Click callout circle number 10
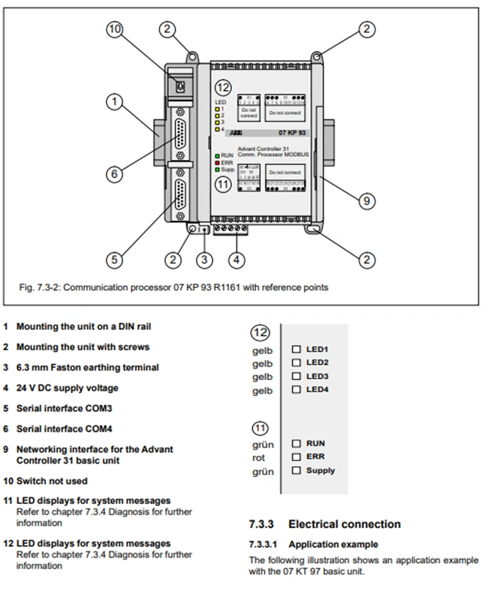[x=114, y=30]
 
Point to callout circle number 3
[x=205, y=260]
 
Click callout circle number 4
[x=237, y=260]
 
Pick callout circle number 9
[x=366, y=201]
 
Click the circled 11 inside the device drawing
[x=223, y=185]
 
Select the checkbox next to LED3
[x=296, y=376]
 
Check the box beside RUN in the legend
[x=296, y=444]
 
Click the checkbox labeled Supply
[x=296, y=471]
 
